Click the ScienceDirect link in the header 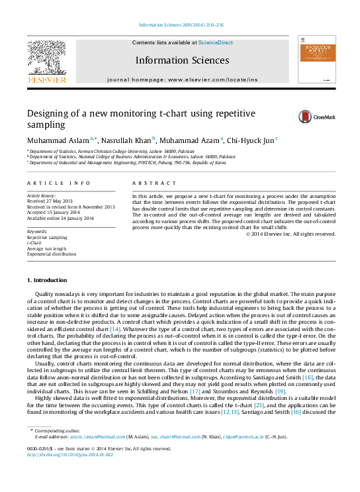[216, 42]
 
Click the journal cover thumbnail [316, 62]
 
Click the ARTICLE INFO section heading [58, 182]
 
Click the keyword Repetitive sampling [47, 237]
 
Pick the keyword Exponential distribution [52, 254]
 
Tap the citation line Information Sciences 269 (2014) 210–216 [180, 26]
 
